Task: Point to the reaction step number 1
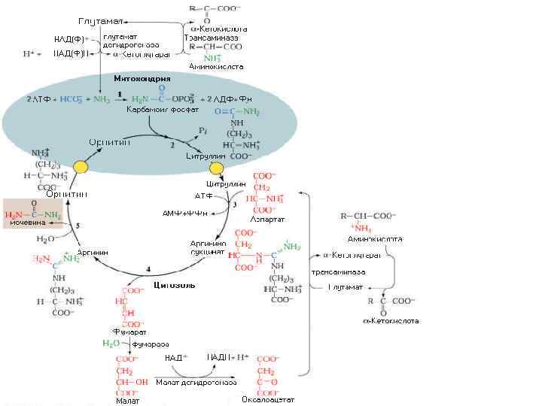click(120, 93)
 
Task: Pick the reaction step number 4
click(148, 268)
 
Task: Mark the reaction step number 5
click(78, 226)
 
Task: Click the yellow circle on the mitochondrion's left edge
click(80, 167)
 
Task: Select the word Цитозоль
click(175, 285)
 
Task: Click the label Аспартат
click(267, 219)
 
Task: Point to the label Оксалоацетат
click(268, 399)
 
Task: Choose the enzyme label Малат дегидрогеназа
click(196, 382)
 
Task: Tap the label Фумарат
click(129, 332)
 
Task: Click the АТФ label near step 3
click(205, 196)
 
